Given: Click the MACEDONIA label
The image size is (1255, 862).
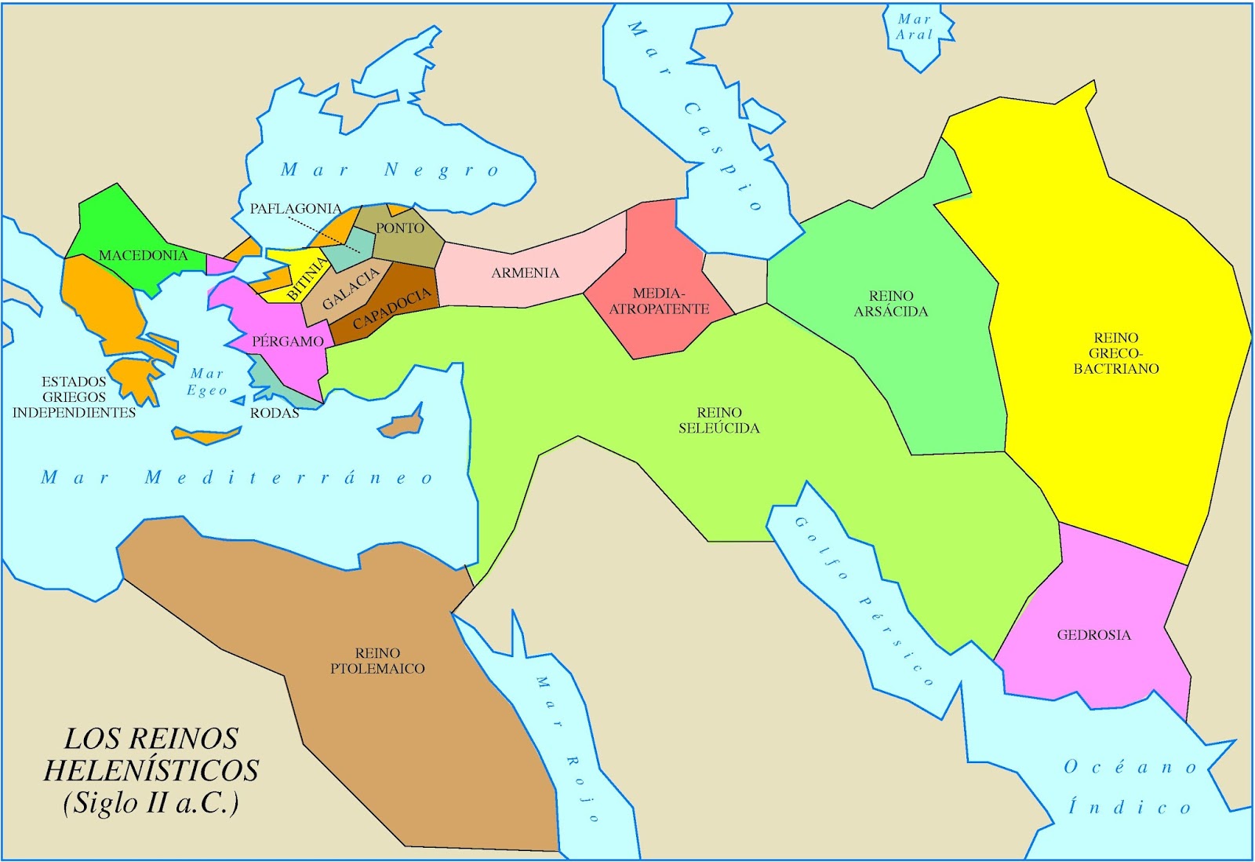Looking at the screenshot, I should click(143, 256).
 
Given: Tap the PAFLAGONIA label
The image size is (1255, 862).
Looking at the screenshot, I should click(295, 209).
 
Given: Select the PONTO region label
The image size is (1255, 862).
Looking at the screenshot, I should click(400, 228).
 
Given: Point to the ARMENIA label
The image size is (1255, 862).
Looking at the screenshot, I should click(525, 273).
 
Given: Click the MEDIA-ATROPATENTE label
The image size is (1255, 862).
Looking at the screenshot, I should click(659, 301).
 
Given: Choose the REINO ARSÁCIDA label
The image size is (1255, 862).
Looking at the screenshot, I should click(891, 304).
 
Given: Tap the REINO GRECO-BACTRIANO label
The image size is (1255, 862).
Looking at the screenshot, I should click(1116, 353).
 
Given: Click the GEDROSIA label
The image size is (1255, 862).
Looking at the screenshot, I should click(1093, 635).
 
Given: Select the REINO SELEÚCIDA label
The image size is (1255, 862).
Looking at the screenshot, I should click(718, 421).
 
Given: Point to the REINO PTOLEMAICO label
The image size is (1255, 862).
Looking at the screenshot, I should click(377, 661).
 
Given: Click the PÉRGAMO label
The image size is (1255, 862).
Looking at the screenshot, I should click(288, 342).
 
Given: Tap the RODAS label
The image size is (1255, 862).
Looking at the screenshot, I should click(275, 413).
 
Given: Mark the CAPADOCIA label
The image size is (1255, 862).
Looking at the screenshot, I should click(391, 309).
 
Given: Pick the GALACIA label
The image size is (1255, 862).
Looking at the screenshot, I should click(351, 288).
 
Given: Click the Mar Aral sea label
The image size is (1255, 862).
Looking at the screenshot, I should click(915, 27).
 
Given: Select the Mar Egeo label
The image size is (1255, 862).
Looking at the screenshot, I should click(207, 382).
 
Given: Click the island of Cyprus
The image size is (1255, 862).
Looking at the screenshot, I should click(402, 425).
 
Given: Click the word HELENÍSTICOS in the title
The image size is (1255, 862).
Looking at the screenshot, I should click(151, 771).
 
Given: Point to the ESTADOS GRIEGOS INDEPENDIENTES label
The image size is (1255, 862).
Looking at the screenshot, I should click(74, 397).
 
